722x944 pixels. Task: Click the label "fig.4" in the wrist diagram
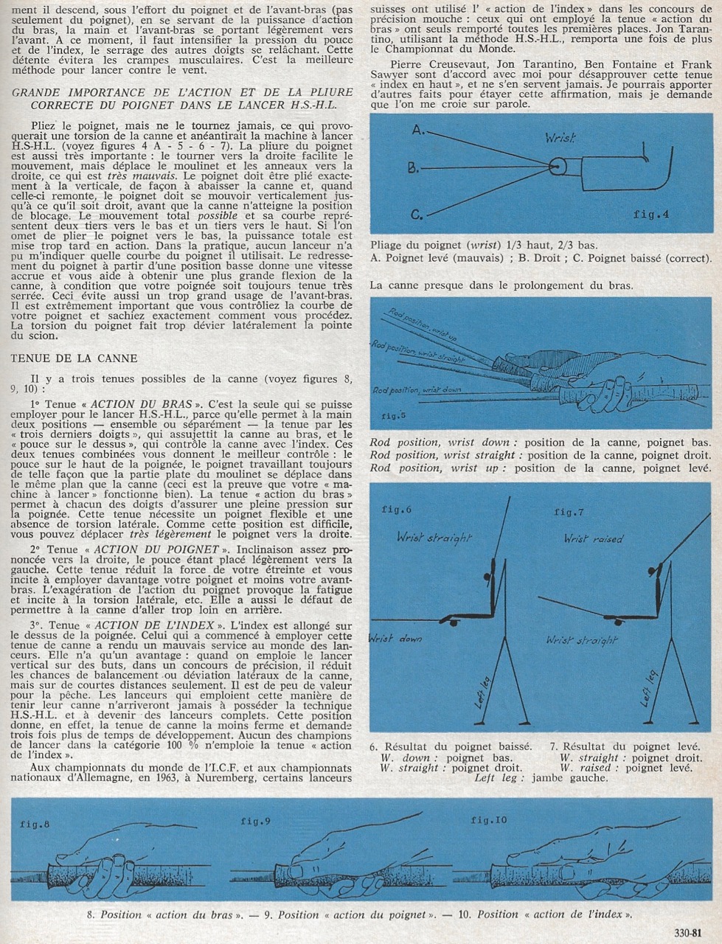coord(651,215)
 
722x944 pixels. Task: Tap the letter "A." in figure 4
coord(418,130)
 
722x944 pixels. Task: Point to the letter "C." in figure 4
coord(417,215)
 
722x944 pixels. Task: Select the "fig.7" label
coord(569,511)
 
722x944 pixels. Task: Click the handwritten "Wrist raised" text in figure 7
coord(593,538)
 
